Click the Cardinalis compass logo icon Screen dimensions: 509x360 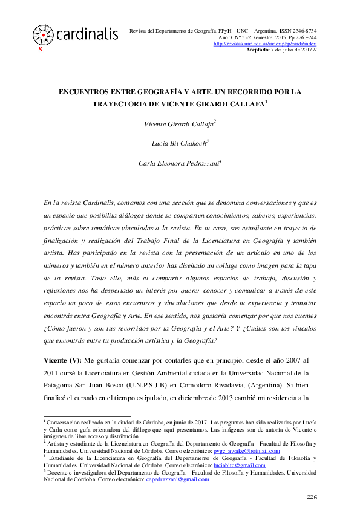pos(42,34)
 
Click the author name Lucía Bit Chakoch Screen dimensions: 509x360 pos(179,143)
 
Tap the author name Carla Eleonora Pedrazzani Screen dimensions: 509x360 pos(179,163)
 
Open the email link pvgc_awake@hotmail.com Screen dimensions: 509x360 pos(249,451)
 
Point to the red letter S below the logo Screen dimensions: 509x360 pos(40,50)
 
